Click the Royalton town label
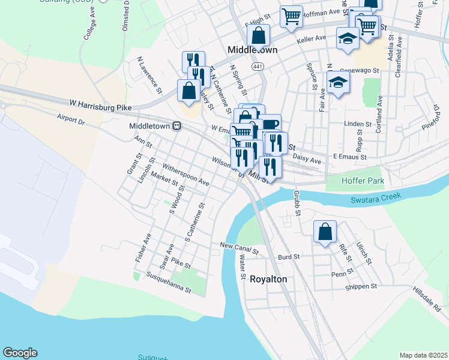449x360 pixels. (268, 280)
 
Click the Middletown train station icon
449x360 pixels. (177, 126)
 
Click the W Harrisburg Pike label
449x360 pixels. (100, 105)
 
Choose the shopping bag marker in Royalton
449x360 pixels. (325, 232)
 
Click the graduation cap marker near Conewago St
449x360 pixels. (338, 83)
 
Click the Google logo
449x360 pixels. (20, 353)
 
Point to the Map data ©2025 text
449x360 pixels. (423, 355)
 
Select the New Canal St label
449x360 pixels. (238, 245)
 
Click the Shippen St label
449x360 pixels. (360, 287)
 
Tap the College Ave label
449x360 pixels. (90, 26)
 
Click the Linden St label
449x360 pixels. (359, 124)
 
